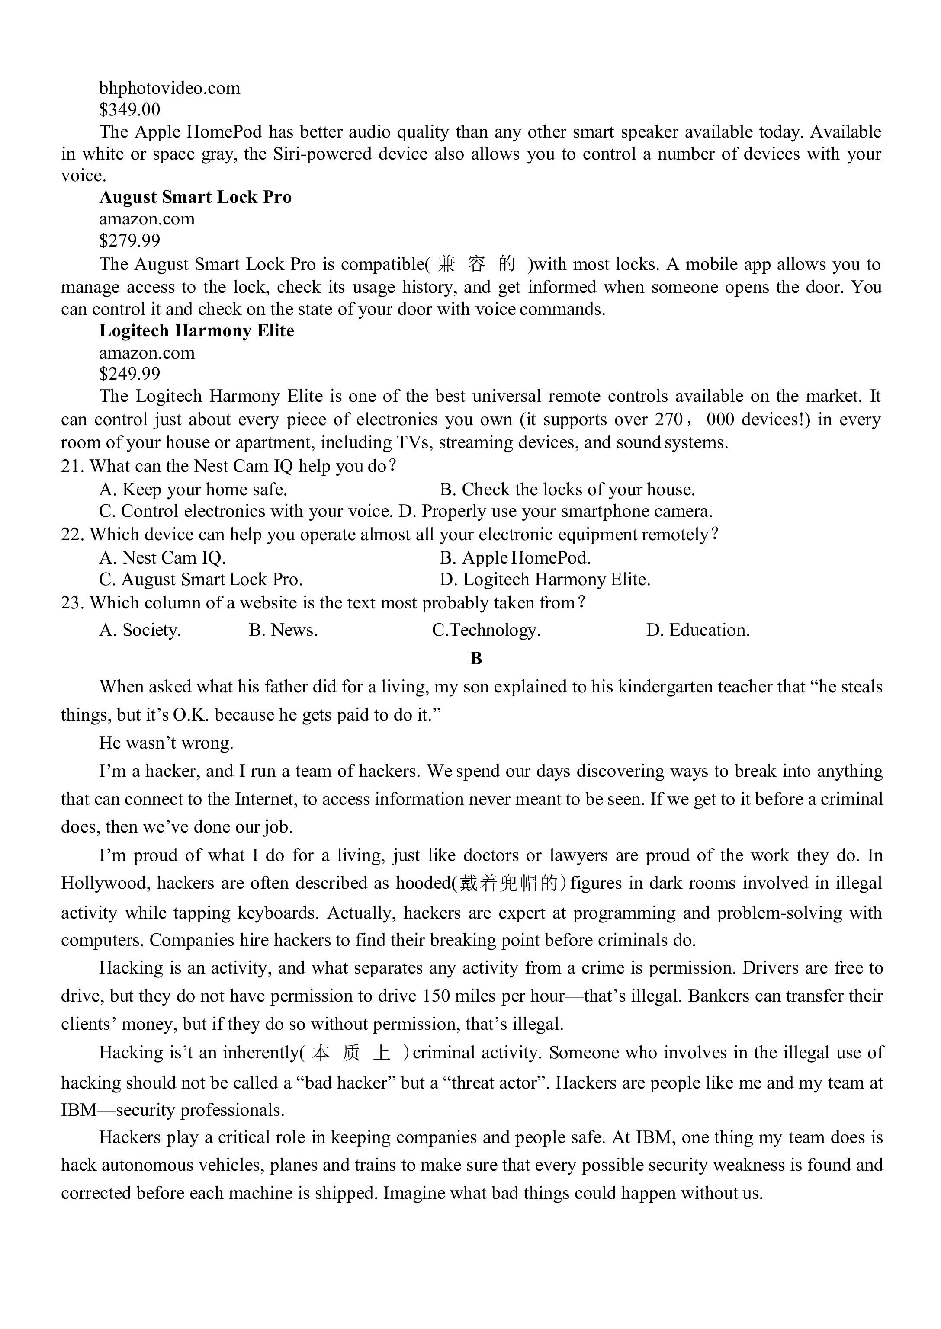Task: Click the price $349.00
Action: point(130,109)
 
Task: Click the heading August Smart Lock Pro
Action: point(195,198)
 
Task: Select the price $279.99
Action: point(130,240)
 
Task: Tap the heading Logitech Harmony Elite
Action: point(196,331)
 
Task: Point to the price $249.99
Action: point(130,374)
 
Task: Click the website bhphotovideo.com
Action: point(169,88)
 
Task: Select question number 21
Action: point(72,466)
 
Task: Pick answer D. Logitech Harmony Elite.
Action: point(545,580)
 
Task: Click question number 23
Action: point(72,603)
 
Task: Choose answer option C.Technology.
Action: point(486,630)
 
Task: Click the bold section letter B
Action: point(476,658)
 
